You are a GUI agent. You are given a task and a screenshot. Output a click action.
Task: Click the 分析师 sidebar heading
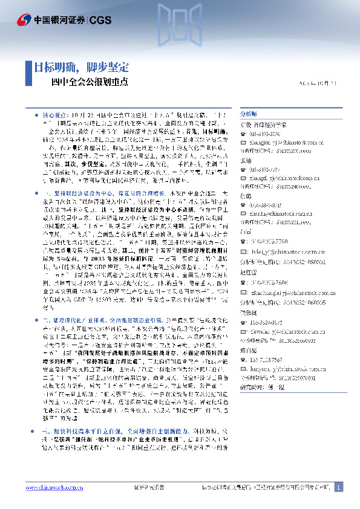coord(249,114)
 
